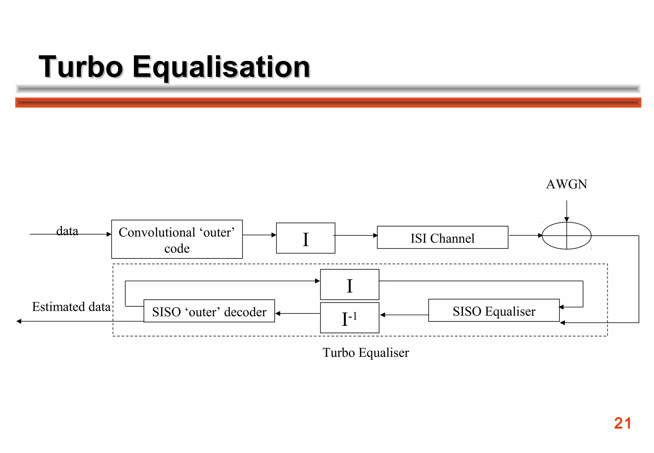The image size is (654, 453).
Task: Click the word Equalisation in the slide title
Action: [221, 67]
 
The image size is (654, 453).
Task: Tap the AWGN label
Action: [566, 184]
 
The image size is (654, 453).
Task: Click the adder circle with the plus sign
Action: [567, 236]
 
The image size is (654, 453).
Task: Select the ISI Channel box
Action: [442, 238]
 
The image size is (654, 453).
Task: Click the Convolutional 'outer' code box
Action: [177, 239]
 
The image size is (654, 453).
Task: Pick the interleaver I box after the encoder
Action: [305, 238]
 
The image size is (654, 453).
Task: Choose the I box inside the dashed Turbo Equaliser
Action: [349, 285]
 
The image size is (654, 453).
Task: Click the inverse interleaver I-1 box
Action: [349, 318]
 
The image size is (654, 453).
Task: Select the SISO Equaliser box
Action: [493, 311]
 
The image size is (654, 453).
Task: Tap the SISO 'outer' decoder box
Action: [209, 311]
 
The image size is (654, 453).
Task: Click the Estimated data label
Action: [71, 307]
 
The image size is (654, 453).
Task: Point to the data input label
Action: [67, 231]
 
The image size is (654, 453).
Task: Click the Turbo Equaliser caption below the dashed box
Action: [365, 353]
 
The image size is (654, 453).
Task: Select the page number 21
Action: [622, 423]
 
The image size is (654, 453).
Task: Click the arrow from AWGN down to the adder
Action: [567, 211]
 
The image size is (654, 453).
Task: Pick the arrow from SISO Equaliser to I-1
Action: [404, 315]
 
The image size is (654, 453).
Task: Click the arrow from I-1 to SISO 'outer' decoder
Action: [297, 313]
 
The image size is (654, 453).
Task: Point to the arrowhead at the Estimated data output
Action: [19, 321]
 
